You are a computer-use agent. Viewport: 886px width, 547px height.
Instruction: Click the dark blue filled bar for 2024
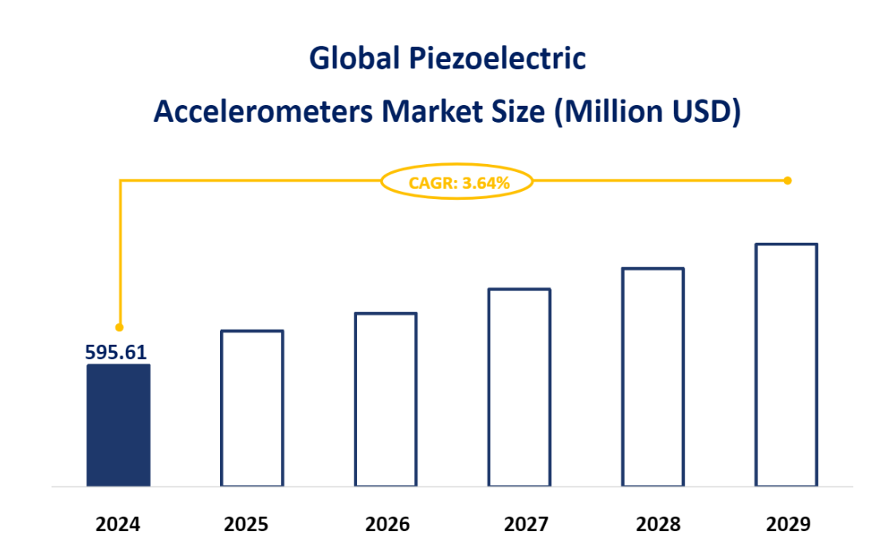coord(118,425)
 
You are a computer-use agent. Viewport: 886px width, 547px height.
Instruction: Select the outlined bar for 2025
coord(252,408)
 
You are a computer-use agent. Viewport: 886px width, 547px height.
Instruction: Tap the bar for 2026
coord(386,399)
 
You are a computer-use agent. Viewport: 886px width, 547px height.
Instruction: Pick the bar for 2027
coord(519,387)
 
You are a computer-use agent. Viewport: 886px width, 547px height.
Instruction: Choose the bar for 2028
coord(653,377)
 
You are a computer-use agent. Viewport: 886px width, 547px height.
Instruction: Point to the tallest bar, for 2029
coord(786,365)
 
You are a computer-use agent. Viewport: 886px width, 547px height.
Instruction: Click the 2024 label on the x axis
coord(118,525)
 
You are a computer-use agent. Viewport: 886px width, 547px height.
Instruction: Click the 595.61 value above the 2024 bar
coord(116,352)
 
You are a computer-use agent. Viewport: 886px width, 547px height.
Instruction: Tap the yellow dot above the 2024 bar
coord(120,327)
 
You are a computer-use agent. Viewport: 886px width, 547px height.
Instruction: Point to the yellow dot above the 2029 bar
coord(788,181)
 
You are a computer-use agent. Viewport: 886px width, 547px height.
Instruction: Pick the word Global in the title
coord(355,60)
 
